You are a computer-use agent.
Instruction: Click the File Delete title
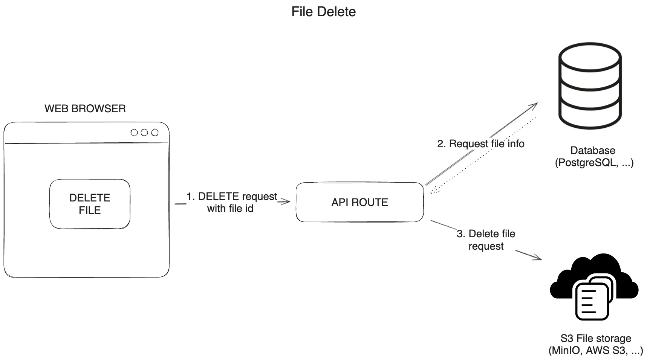[x=323, y=12]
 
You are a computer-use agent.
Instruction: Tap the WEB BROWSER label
[x=85, y=108]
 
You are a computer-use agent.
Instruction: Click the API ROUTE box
[x=359, y=202]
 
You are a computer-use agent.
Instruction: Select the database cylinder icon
[x=589, y=86]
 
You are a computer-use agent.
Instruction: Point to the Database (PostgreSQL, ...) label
[x=593, y=156]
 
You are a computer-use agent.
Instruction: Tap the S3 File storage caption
[x=595, y=344]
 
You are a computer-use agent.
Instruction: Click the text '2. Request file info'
[x=480, y=144]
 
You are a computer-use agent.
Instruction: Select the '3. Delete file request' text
[x=486, y=239]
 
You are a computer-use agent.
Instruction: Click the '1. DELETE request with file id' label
[x=231, y=202]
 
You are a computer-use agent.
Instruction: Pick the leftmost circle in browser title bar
[x=134, y=133]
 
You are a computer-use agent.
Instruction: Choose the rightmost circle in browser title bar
[x=154, y=133]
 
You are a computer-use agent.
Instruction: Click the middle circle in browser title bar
[x=144, y=133]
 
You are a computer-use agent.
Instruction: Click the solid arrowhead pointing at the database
[x=534, y=105]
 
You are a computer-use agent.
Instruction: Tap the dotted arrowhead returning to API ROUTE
[x=433, y=191]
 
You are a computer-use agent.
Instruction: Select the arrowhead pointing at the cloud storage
[x=538, y=258]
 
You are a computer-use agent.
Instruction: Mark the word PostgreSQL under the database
[x=587, y=163]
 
